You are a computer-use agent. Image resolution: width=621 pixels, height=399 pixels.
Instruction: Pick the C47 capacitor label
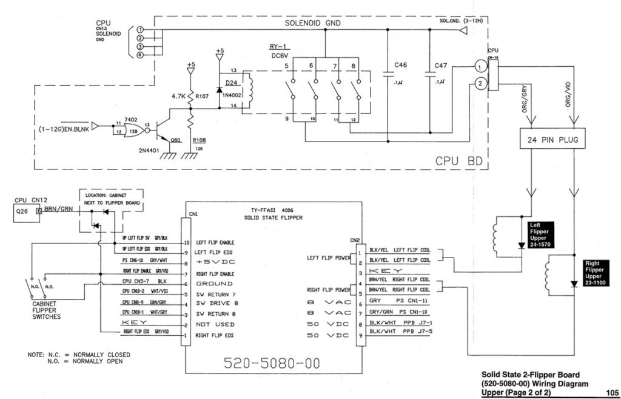[x=442, y=65]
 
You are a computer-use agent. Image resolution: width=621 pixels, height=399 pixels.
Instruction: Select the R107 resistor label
[x=203, y=95]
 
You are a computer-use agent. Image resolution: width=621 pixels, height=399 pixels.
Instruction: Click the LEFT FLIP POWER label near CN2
[x=329, y=257]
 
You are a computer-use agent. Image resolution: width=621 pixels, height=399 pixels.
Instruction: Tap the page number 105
[x=611, y=392]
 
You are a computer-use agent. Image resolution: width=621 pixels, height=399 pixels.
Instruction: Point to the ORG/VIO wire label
[x=568, y=94]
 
